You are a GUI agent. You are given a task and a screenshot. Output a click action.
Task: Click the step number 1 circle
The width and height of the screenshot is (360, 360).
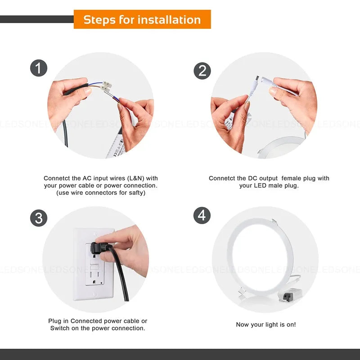39,68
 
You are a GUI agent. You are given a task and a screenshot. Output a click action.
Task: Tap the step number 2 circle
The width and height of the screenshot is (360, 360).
202,71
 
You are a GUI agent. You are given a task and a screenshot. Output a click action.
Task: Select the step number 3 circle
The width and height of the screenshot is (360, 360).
39,218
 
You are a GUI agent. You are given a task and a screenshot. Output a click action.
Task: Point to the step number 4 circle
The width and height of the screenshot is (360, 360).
202,215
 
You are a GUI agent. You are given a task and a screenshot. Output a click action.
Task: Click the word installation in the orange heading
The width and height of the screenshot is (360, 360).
169,20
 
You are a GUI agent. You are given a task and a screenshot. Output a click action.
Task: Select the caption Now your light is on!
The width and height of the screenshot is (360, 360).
266,324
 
